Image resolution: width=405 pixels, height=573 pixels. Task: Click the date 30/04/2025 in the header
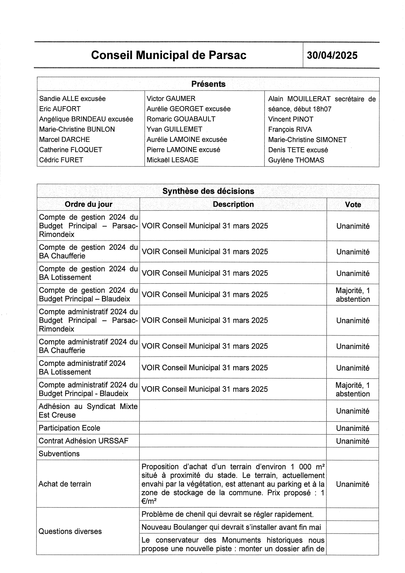[332, 55]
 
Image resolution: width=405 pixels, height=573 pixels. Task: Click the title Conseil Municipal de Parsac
[169, 55]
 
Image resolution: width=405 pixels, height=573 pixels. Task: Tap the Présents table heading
[208, 84]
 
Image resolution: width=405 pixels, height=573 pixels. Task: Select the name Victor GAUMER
[171, 98]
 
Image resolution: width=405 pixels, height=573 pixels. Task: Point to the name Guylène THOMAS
[296, 160]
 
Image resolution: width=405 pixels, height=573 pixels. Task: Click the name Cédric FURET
[61, 160]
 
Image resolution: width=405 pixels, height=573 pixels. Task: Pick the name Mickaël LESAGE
[172, 160]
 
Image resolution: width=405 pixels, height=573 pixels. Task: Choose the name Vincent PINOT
[291, 119]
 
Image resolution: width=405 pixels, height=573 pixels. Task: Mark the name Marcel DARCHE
[64, 139]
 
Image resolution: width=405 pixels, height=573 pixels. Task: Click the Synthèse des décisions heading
[208, 191]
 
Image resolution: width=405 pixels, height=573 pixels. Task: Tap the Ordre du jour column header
[88, 205]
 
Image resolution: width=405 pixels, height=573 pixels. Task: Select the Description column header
[233, 205]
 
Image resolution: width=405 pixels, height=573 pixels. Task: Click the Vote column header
[353, 205]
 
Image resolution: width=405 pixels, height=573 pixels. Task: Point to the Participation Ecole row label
[69, 428]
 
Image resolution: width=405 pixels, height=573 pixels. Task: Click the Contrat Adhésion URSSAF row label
[83, 441]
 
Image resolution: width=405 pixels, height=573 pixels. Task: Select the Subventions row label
[59, 454]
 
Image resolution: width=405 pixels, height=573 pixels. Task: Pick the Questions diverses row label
[70, 531]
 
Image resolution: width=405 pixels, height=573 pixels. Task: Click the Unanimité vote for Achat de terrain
[353, 484]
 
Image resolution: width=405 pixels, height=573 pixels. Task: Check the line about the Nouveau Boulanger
[231, 527]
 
